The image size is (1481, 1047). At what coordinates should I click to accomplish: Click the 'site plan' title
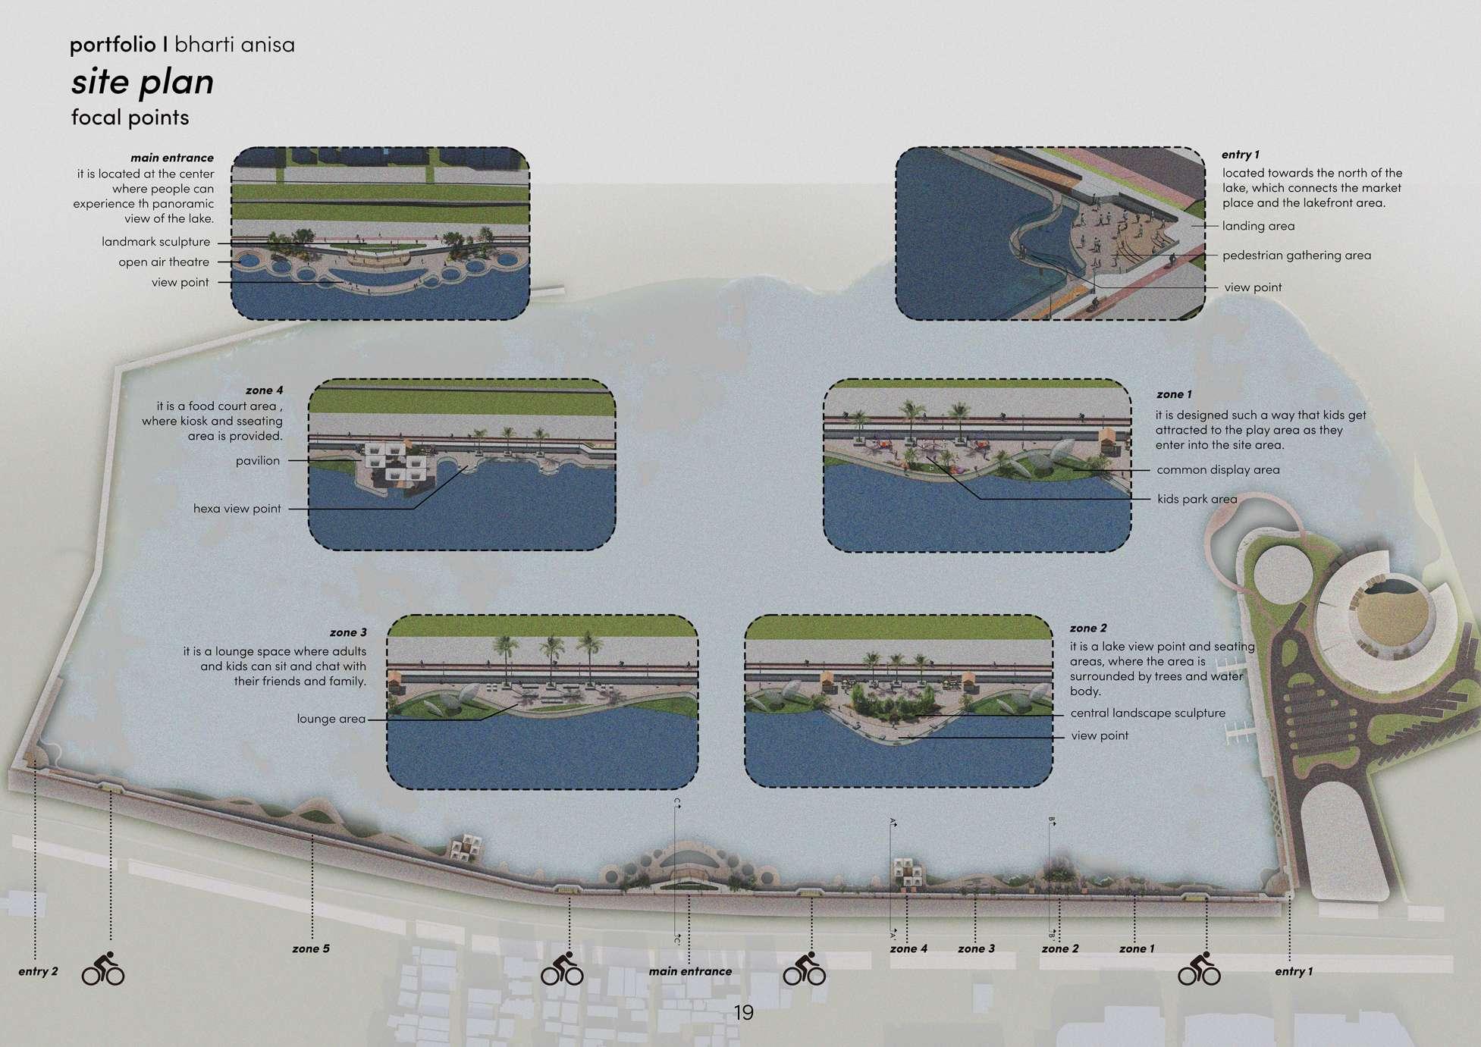click(143, 82)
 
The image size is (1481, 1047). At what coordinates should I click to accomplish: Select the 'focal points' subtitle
click(130, 118)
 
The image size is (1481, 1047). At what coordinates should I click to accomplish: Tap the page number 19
click(743, 1013)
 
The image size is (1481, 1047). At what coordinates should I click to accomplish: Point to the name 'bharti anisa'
click(234, 45)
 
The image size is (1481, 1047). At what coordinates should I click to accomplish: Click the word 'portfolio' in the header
click(113, 45)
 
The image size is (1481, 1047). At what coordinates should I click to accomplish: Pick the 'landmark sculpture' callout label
click(155, 242)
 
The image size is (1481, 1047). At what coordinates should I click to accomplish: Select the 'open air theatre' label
click(163, 262)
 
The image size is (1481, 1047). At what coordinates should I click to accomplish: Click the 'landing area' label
click(1258, 226)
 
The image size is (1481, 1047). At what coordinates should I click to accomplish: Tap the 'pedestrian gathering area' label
click(1296, 255)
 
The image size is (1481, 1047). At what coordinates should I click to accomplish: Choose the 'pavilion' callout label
click(257, 461)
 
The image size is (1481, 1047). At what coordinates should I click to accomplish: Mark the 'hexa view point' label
click(237, 509)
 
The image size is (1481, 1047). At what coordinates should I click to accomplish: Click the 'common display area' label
click(1218, 470)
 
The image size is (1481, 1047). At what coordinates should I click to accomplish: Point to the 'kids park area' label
click(1197, 500)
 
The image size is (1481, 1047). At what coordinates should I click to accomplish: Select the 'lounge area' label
click(331, 719)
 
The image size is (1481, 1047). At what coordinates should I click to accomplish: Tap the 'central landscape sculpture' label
click(1147, 713)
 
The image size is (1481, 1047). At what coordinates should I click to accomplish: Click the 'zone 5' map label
click(310, 948)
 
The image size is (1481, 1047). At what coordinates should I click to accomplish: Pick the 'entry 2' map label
click(38, 971)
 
